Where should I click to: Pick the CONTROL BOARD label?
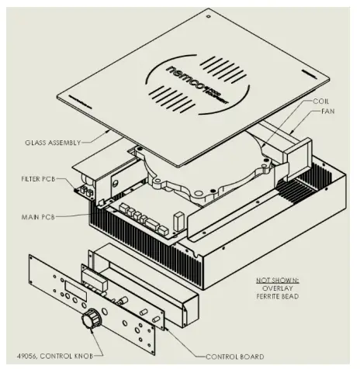[234, 357]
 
